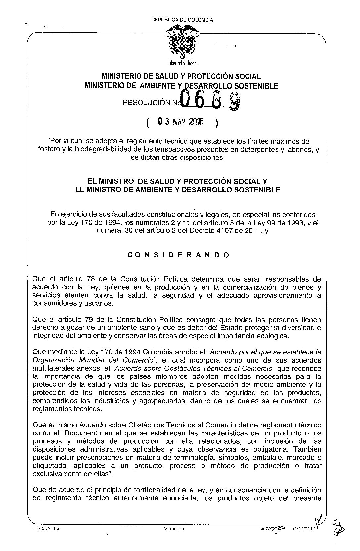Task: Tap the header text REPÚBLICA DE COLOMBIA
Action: pos(182,20)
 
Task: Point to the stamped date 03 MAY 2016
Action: pos(181,122)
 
